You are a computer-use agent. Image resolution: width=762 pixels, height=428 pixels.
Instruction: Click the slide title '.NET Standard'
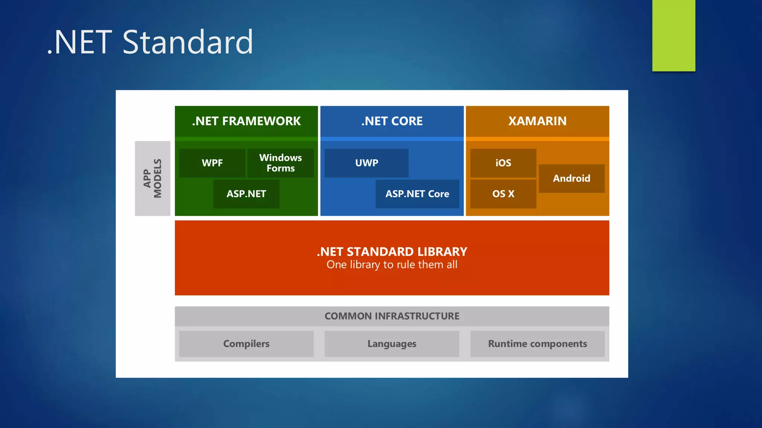pyautogui.click(x=150, y=42)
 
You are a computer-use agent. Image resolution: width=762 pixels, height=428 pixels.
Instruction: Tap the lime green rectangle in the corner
pyautogui.click(x=673, y=35)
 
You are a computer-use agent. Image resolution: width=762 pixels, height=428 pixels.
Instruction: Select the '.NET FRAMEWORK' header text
pyautogui.click(x=246, y=121)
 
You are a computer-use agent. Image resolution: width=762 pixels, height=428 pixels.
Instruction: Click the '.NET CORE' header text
pyautogui.click(x=392, y=121)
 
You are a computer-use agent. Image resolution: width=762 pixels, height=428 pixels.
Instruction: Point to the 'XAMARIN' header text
pyautogui.click(x=537, y=121)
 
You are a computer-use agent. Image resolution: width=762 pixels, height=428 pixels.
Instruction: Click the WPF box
pyautogui.click(x=212, y=163)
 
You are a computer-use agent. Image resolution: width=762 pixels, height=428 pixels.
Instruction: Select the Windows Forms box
pyautogui.click(x=281, y=163)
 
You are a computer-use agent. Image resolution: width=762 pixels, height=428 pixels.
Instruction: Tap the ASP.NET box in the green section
pyautogui.click(x=246, y=194)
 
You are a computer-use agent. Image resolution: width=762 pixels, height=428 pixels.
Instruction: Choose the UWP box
pyautogui.click(x=366, y=163)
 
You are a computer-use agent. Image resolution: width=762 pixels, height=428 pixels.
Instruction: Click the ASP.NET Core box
pyautogui.click(x=417, y=194)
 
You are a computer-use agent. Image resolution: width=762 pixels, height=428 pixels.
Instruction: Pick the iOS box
pyautogui.click(x=503, y=163)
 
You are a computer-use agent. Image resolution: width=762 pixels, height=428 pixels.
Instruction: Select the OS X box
pyautogui.click(x=503, y=194)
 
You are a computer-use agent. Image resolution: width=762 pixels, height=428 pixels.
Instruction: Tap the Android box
pyautogui.click(x=571, y=178)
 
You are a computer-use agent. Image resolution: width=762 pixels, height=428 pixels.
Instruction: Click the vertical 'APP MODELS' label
pyautogui.click(x=153, y=178)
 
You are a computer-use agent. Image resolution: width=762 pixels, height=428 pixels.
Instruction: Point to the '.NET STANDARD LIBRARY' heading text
pyautogui.click(x=392, y=252)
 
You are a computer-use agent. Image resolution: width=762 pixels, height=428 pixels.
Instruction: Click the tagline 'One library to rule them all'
pyautogui.click(x=392, y=265)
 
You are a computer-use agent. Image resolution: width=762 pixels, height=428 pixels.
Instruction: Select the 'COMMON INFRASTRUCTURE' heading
pyautogui.click(x=392, y=316)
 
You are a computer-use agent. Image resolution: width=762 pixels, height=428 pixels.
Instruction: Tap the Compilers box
pyautogui.click(x=246, y=344)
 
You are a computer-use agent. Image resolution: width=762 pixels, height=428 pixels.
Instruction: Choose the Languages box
pyautogui.click(x=392, y=344)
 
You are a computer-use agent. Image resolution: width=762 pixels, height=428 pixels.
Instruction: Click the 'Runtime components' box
pyautogui.click(x=537, y=344)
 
